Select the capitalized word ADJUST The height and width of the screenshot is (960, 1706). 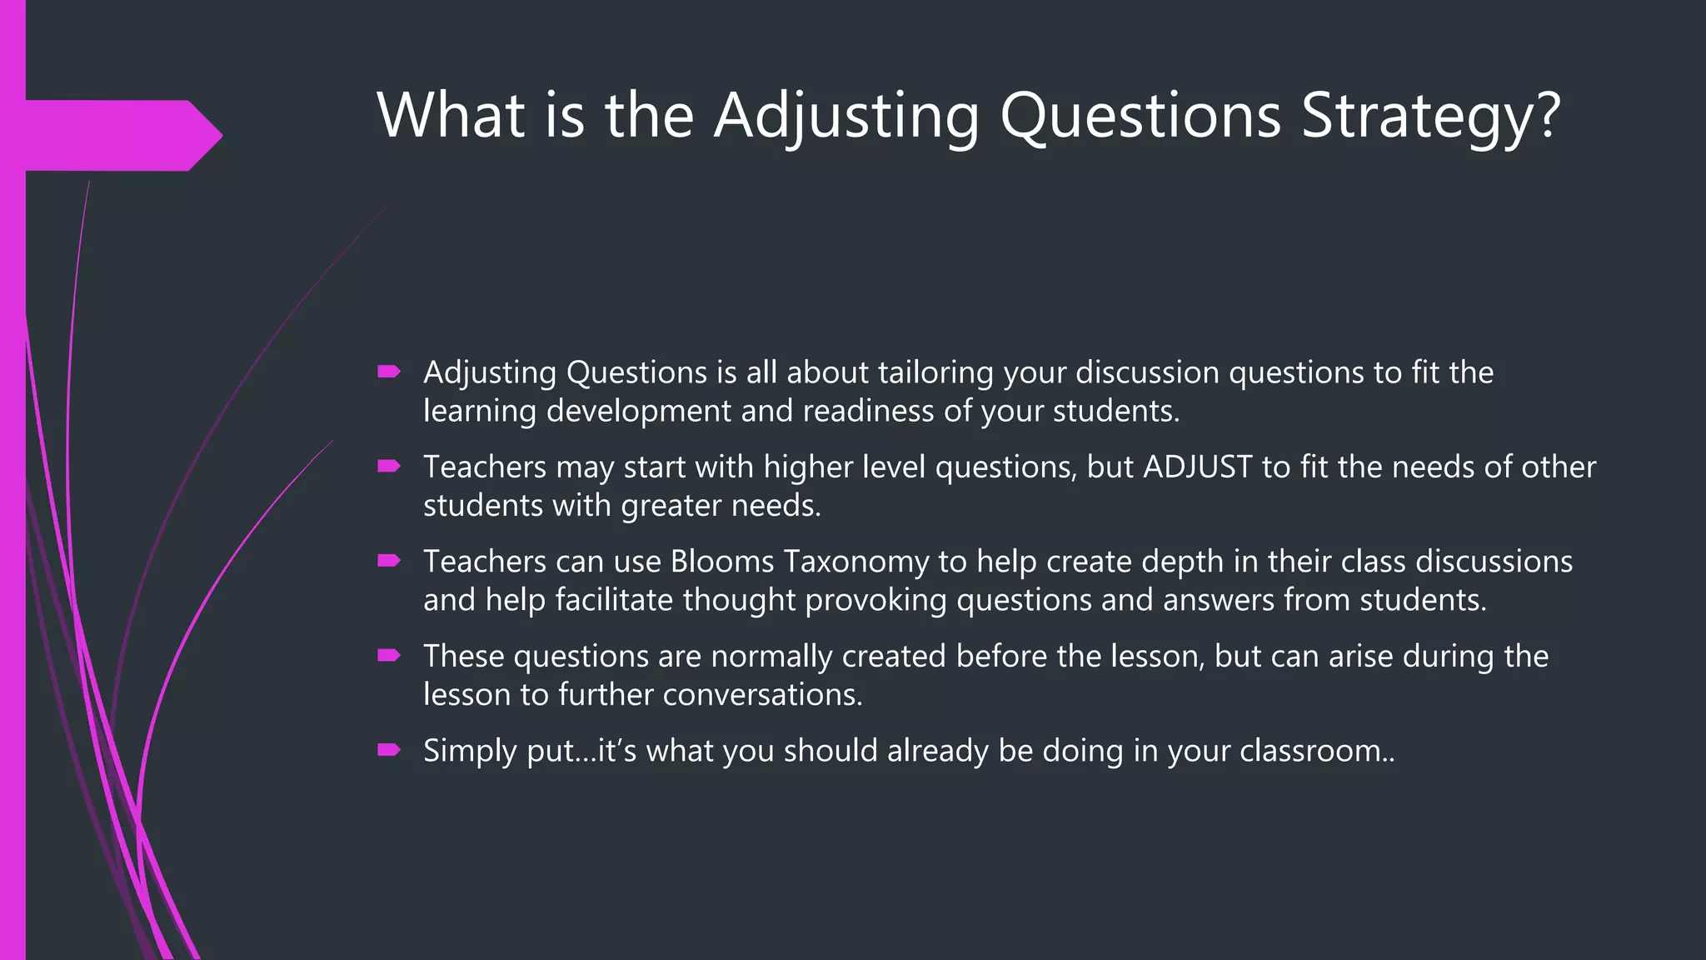pos(1198,467)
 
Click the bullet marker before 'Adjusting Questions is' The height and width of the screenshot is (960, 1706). pos(389,372)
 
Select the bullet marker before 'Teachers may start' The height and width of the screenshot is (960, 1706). pos(389,467)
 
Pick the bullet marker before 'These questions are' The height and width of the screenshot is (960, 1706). pos(389,656)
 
